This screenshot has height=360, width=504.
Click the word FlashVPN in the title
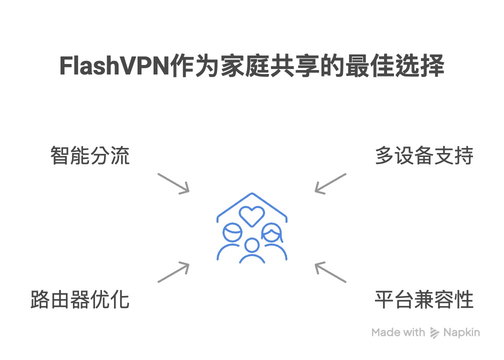(x=113, y=67)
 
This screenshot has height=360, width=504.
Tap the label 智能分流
(x=90, y=156)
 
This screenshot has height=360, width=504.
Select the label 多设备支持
(x=424, y=156)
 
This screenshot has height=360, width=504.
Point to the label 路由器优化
(x=80, y=300)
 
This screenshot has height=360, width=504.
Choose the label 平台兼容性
(x=424, y=300)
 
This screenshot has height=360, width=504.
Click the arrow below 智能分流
(x=173, y=183)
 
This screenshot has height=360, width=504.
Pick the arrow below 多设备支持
(x=330, y=183)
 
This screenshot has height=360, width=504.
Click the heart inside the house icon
(x=251, y=215)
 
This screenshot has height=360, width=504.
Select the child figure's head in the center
(x=252, y=246)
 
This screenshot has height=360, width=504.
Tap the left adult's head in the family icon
(x=232, y=233)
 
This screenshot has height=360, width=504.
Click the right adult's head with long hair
(x=271, y=233)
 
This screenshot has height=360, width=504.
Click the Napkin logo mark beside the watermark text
(x=435, y=333)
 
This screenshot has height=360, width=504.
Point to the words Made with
(x=398, y=332)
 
